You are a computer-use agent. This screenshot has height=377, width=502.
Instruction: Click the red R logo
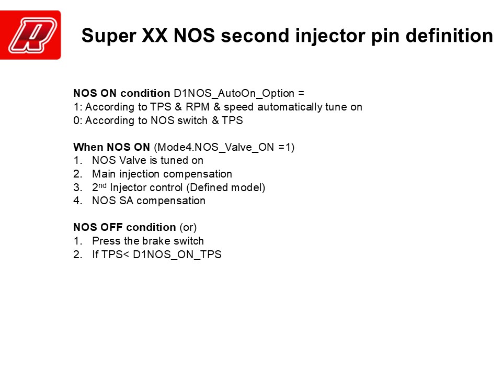click(30, 35)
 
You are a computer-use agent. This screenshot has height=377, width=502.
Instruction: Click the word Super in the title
click(109, 36)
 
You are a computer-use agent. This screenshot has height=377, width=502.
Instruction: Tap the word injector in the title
click(330, 36)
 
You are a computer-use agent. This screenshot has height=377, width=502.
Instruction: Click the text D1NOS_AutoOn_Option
click(234, 94)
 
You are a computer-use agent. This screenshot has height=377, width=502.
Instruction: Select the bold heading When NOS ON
click(112, 147)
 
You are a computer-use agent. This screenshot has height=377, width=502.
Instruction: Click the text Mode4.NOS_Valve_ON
click(215, 148)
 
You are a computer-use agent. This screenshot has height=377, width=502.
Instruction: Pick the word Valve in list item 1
click(132, 160)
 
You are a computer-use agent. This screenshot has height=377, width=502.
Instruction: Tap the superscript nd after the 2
click(102, 185)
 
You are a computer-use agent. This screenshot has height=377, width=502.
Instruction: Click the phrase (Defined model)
click(225, 187)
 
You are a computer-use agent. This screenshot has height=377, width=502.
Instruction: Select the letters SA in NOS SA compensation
click(126, 201)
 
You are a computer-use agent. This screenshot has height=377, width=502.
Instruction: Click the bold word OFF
click(111, 227)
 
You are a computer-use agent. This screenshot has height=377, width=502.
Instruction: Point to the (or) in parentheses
click(188, 228)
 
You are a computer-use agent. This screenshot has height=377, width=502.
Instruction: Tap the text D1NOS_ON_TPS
click(177, 254)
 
